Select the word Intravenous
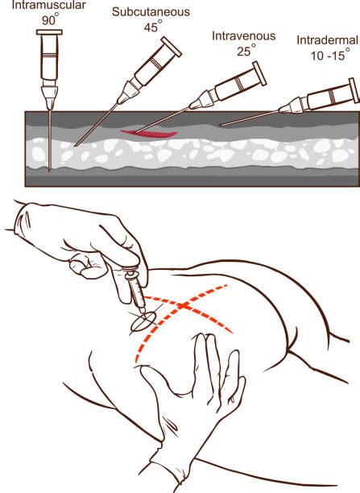tap(242, 35)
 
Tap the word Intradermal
tap(326, 39)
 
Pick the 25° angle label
tap(242, 50)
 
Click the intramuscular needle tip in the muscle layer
tap(48, 168)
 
